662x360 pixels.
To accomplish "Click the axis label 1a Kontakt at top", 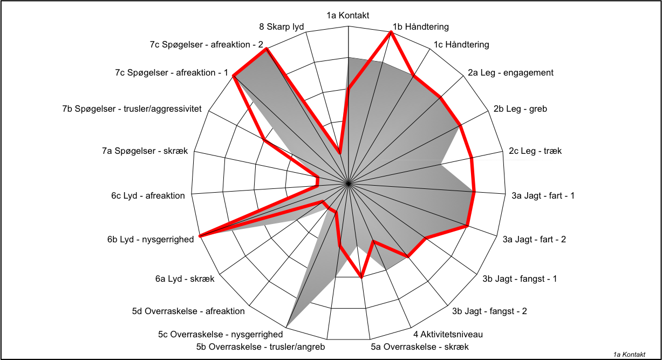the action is [347, 15].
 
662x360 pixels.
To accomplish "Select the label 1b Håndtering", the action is [420, 27].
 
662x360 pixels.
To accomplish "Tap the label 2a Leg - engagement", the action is [510, 73].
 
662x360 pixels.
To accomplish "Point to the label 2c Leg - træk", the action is [535, 151].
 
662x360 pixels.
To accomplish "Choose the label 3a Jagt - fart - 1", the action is [543, 196].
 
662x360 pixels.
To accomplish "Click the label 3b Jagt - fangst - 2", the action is [489, 311].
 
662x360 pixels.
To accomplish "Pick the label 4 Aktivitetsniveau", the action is [448, 334].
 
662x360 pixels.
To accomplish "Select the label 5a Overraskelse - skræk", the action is [420, 347].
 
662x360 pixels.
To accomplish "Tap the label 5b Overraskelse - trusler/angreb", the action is [261, 347].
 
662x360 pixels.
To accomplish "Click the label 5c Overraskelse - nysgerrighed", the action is [220, 335].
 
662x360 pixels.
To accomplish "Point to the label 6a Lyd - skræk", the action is [185, 279].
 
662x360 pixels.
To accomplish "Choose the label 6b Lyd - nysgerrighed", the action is [151, 240].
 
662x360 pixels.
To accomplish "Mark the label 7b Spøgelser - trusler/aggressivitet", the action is [132, 109].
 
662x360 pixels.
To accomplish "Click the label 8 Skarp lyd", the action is [281, 27].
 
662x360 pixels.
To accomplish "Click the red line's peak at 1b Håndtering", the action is [391, 33].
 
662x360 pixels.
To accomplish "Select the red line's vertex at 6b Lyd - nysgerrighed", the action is [200, 236].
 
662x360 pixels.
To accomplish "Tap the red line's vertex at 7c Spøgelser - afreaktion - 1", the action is [234, 76].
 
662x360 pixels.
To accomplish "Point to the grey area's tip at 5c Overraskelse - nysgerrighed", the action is [286, 328].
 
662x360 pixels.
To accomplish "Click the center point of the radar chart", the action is [349, 184].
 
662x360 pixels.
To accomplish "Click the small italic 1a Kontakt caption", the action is [629, 355].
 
